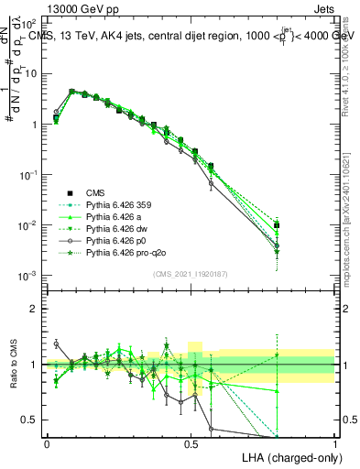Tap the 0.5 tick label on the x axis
[191, 442]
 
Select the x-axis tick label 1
[335, 442]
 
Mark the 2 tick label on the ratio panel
[36, 308]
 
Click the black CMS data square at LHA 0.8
[277, 224]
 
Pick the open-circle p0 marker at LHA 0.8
[277, 245]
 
